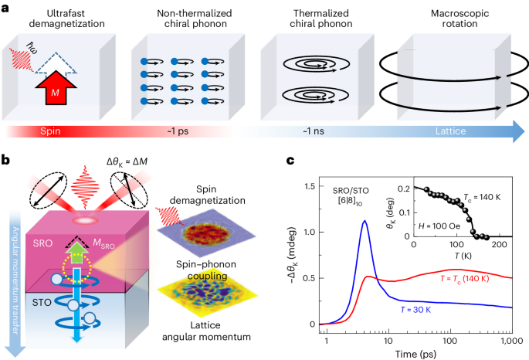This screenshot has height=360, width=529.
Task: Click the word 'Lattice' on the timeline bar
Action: click(x=449, y=133)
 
